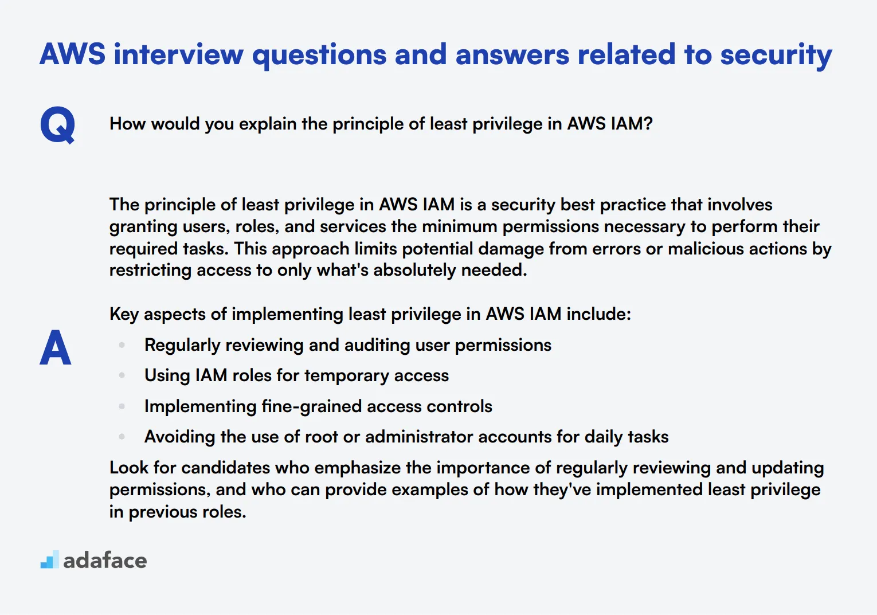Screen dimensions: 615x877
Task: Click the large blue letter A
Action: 56,347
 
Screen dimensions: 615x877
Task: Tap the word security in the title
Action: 776,55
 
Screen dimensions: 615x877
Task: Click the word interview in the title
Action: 178,55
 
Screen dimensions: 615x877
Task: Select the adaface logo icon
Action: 49,560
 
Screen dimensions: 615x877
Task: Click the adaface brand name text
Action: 105,561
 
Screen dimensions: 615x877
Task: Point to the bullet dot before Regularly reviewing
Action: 122,345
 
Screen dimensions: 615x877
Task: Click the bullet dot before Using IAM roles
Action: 122,375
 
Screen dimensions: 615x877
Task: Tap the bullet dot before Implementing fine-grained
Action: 122,406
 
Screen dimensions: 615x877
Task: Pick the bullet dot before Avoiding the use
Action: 122,437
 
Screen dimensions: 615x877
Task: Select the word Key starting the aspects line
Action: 124,314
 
